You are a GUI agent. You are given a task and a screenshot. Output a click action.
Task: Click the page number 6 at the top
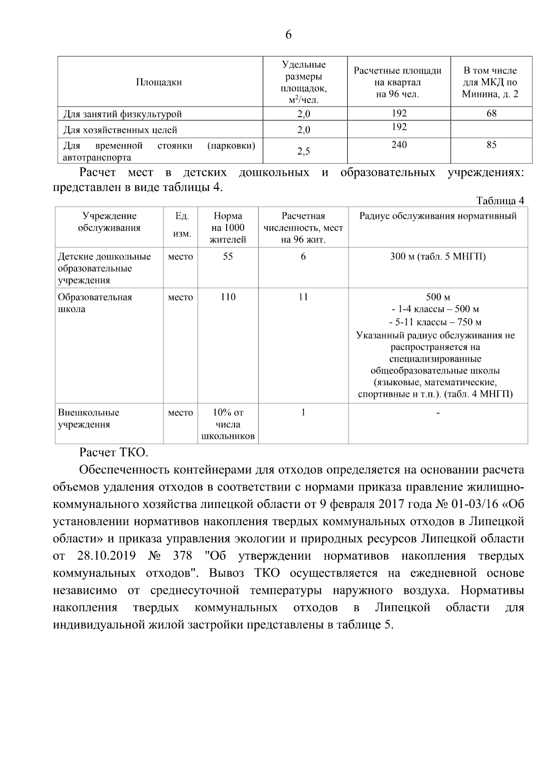tap(289, 35)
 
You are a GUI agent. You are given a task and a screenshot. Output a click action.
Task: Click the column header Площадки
tap(159, 82)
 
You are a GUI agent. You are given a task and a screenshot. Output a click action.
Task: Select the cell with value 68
tap(491, 113)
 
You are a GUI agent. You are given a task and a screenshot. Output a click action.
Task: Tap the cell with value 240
tap(399, 145)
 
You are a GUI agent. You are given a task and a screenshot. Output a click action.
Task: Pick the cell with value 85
tap(491, 145)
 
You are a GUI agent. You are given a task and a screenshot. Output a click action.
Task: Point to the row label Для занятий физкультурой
tap(122, 114)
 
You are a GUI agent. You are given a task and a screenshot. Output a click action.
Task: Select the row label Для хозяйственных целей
tap(120, 130)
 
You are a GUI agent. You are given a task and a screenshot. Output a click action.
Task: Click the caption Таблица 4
tap(500, 201)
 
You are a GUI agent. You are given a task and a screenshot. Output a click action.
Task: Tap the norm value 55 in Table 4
tap(228, 257)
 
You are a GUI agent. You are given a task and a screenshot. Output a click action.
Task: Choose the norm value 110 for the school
tap(228, 297)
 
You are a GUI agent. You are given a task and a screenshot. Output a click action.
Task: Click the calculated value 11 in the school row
tap(303, 297)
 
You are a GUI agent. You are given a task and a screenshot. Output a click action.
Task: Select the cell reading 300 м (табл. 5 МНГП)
tap(438, 257)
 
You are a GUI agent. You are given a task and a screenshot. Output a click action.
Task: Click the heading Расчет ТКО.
tap(114, 452)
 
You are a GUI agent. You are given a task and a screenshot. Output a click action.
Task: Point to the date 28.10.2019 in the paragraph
tap(106, 556)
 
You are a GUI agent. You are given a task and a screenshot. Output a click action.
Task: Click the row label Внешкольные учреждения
tap(88, 418)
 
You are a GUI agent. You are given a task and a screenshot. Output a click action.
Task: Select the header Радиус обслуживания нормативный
tap(438, 216)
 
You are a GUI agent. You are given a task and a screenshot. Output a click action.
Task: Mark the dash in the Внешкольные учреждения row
tap(438, 413)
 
